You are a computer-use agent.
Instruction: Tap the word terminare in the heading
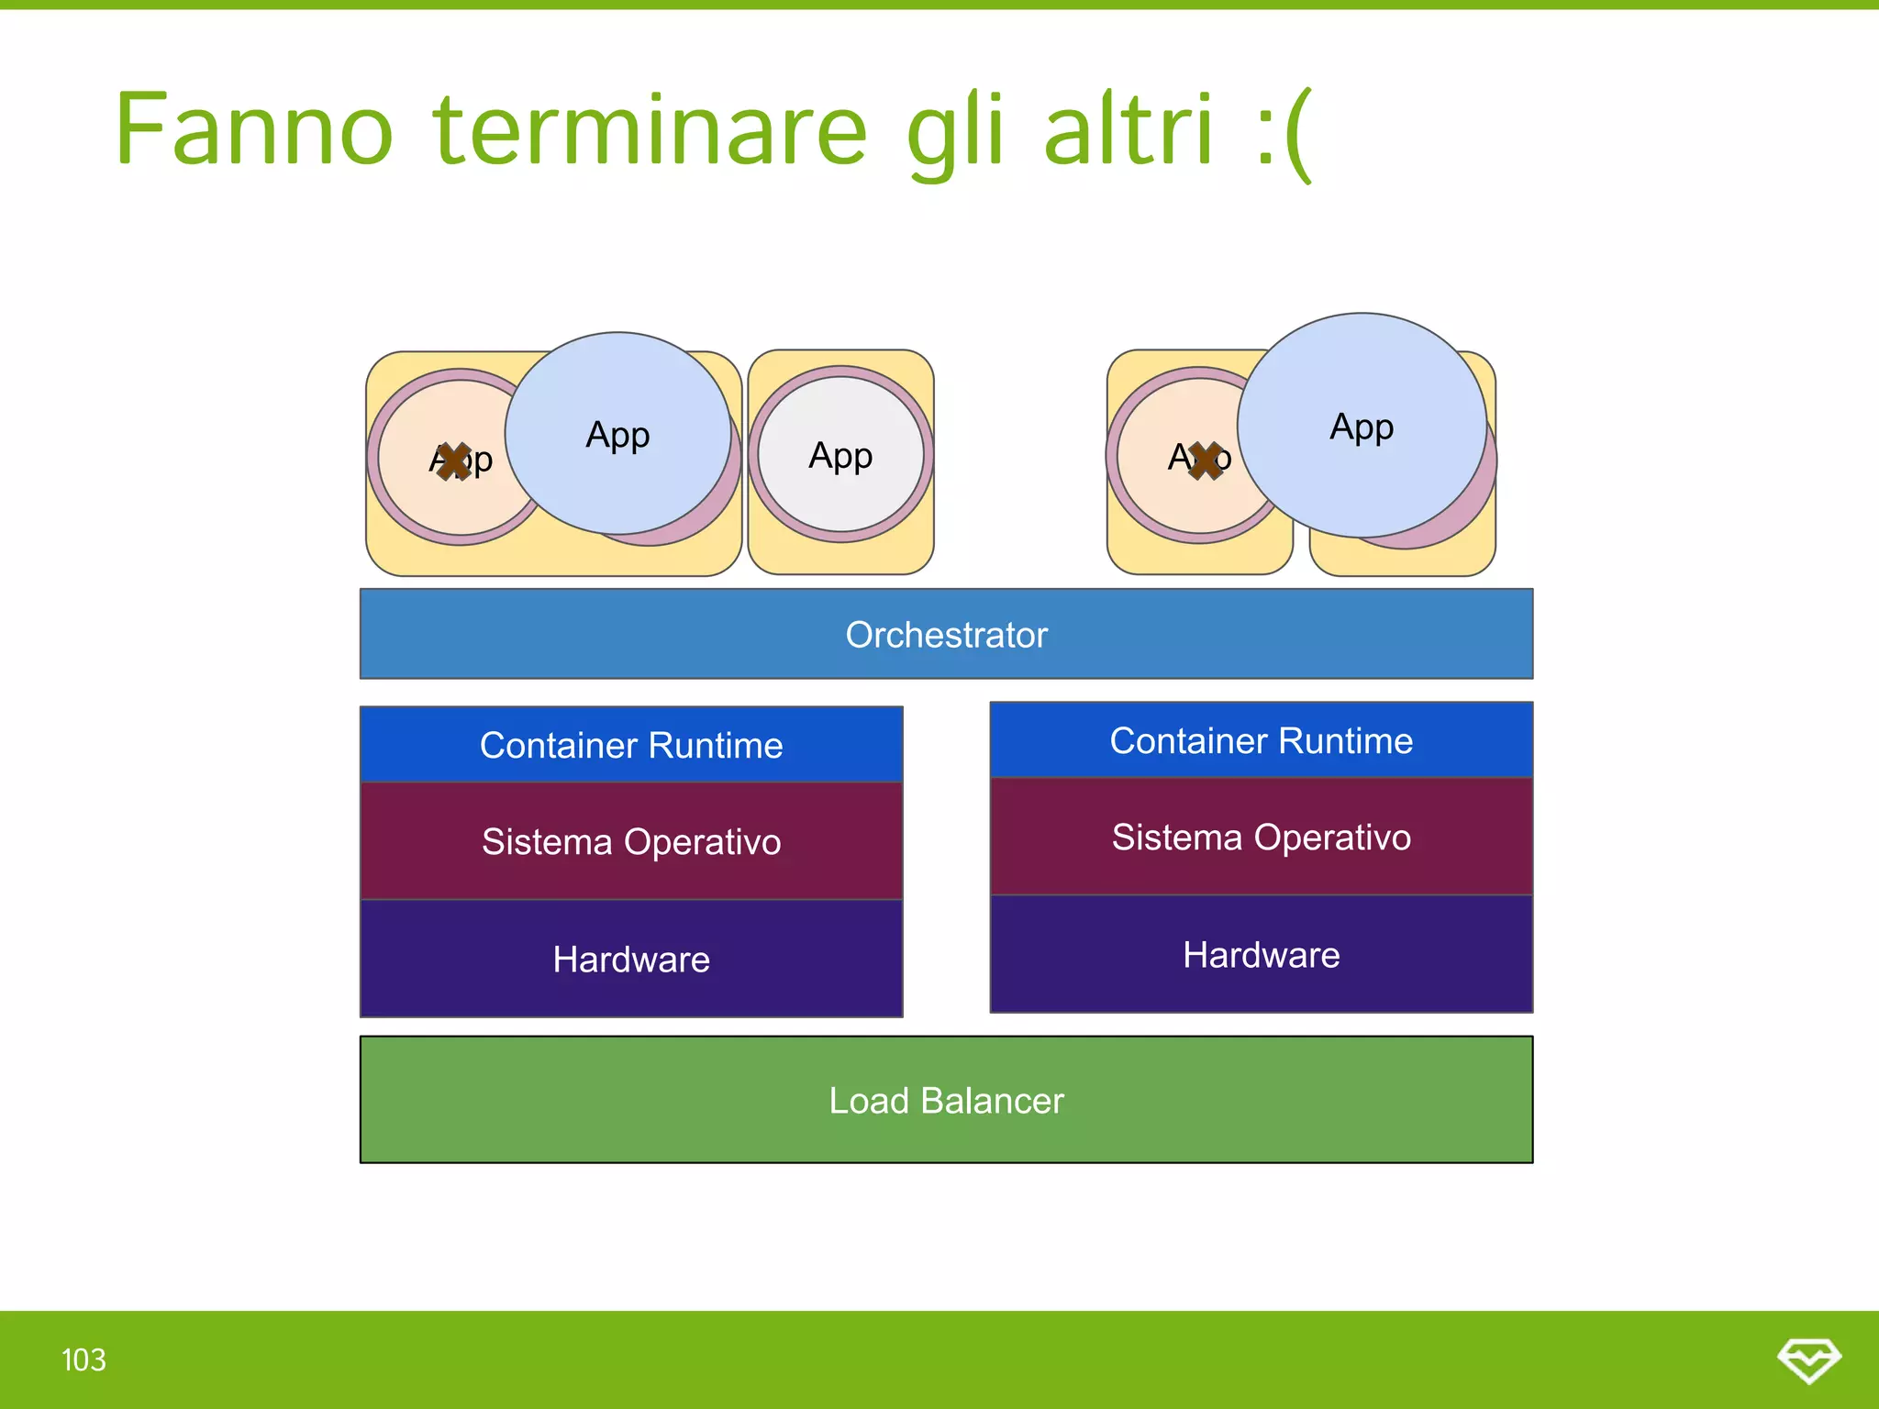click(x=650, y=130)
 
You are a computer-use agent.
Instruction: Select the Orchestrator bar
click(x=946, y=635)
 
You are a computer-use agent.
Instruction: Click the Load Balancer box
click(x=946, y=1100)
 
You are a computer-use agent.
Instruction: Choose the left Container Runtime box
click(x=631, y=745)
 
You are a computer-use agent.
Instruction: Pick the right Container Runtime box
click(x=1261, y=740)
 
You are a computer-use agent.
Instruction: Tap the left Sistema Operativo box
click(x=631, y=841)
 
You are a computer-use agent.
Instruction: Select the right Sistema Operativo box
click(x=1261, y=837)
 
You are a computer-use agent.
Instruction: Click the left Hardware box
click(x=631, y=960)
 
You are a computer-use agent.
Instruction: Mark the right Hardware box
click(x=1261, y=955)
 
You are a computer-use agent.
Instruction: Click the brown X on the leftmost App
click(x=453, y=461)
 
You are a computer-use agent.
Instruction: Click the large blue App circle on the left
click(x=617, y=434)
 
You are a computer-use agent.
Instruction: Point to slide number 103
click(x=83, y=1359)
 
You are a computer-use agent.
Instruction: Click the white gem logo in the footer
click(x=1808, y=1359)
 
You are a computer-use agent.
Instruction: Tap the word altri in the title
click(x=1129, y=130)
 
